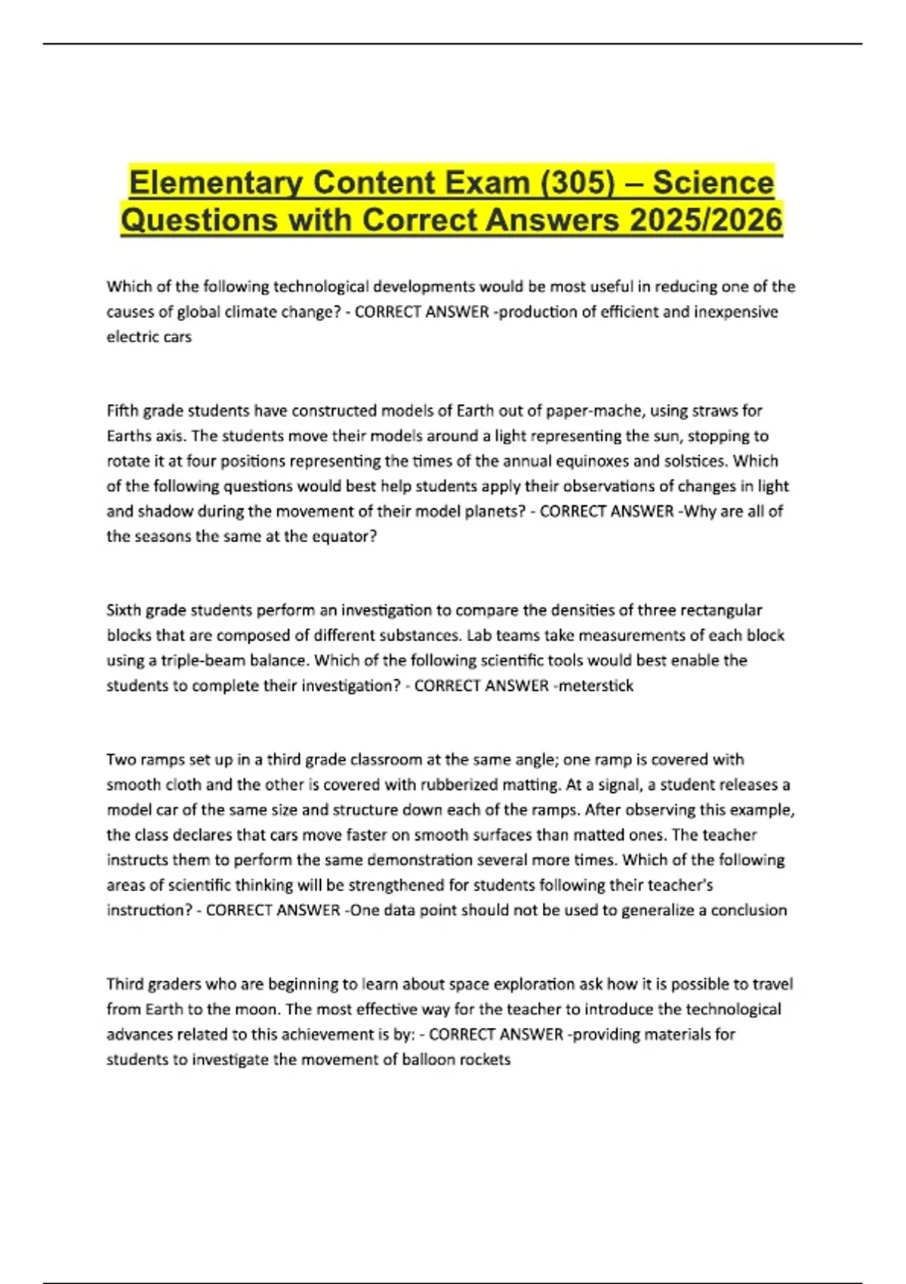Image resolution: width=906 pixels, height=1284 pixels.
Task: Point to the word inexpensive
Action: (732, 312)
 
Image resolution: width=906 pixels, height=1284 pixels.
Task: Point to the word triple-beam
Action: (199, 660)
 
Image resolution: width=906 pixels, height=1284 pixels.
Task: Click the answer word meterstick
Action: (596, 686)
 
